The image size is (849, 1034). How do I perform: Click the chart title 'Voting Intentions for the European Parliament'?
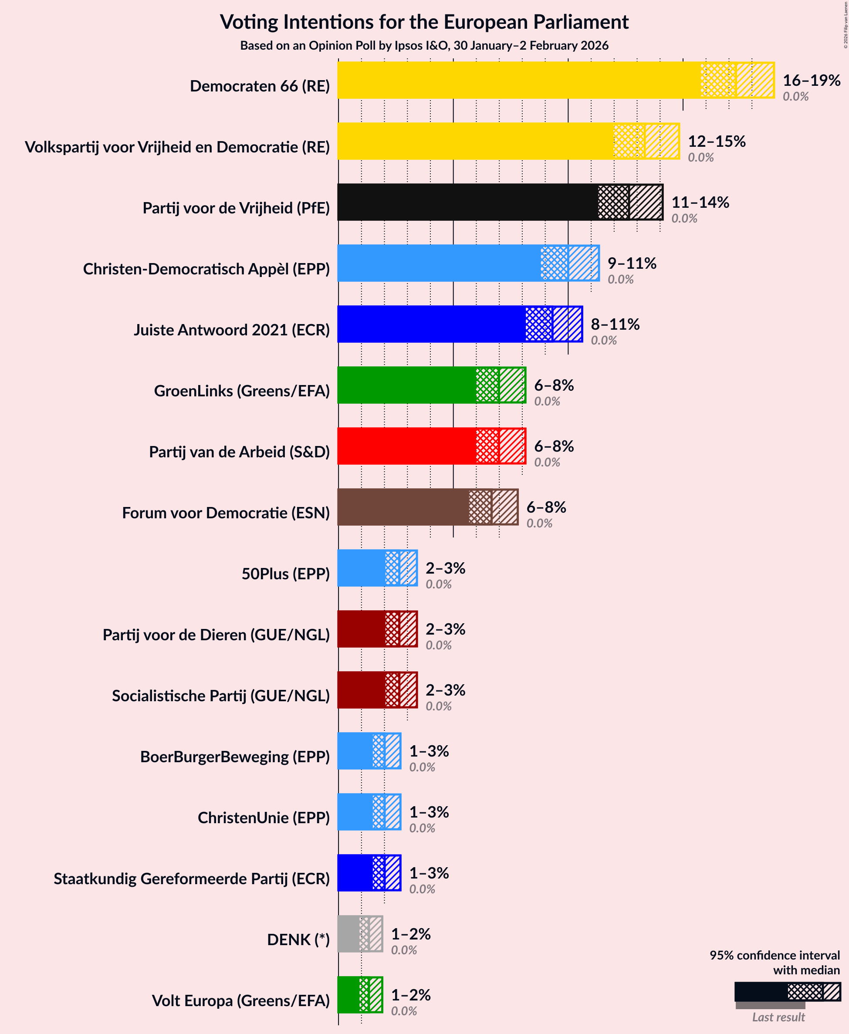tap(424, 22)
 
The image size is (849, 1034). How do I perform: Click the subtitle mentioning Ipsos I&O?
tap(424, 45)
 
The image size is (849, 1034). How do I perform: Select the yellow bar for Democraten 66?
tap(518, 80)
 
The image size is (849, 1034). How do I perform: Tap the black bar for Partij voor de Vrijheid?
tap(467, 202)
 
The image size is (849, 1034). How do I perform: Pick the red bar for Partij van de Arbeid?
tap(406, 446)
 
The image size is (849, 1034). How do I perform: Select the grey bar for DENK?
tap(348, 934)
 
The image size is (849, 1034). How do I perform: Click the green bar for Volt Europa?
tap(348, 995)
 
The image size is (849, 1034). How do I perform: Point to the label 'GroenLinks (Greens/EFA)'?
tap(242, 391)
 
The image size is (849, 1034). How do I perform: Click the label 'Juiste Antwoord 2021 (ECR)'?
tap(232, 330)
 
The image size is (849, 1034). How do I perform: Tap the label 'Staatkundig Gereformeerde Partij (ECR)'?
tap(192, 879)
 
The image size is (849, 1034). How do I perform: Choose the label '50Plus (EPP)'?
tap(286, 574)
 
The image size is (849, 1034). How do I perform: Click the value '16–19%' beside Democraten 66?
tap(812, 80)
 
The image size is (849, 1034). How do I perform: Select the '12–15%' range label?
tap(717, 141)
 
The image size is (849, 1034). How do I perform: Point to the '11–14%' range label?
tap(700, 202)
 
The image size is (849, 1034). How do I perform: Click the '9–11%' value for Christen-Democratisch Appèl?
tap(631, 263)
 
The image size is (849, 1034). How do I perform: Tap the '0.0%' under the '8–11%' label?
tap(603, 340)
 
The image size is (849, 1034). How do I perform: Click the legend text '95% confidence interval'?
tap(774, 955)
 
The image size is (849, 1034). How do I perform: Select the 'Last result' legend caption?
tap(778, 1017)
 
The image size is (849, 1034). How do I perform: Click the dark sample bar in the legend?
tap(761, 992)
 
